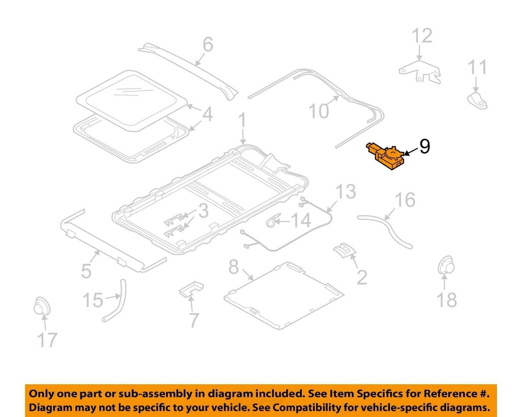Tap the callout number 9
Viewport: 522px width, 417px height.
(424, 147)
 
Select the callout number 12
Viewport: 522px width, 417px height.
(422, 36)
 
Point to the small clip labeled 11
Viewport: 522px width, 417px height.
(477, 100)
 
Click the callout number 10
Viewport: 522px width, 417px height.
(319, 111)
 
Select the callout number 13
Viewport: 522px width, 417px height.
(346, 191)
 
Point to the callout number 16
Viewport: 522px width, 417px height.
(405, 200)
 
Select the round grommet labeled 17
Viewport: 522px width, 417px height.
(42, 306)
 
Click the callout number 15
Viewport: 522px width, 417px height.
(93, 301)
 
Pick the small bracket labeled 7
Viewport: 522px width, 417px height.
(191, 289)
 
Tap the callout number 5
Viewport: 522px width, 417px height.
(86, 271)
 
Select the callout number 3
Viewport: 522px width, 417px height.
(203, 211)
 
